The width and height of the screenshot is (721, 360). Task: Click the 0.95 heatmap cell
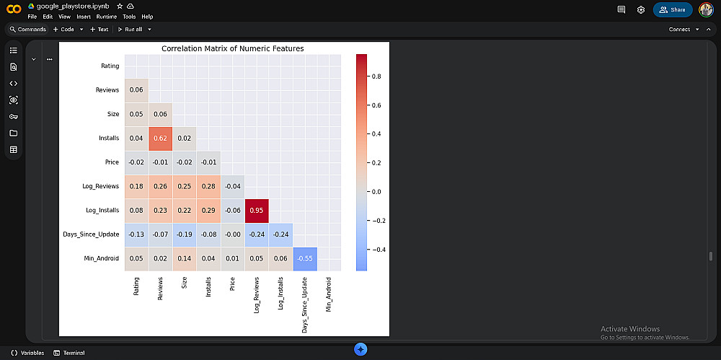click(x=257, y=210)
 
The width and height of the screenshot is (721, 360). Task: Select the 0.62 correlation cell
click(x=160, y=137)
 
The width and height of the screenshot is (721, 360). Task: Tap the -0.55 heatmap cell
click(x=305, y=258)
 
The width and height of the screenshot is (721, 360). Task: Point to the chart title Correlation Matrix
click(x=232, y=48)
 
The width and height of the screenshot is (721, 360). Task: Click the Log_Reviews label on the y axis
click(x=101, y=186)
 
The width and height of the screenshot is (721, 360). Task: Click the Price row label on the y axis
click(x=111, y=162)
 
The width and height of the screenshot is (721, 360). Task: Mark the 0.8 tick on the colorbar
click(x=376, y=76)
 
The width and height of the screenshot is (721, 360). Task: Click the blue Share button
click(x=673, y=9)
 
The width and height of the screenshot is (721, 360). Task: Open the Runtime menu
click(x=106, y=17)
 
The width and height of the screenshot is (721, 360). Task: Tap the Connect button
click(x=679, y=30)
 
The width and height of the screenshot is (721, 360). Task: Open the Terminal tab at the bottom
click(x=70, y=353)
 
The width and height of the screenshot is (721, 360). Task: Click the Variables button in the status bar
click(x=28, y=353)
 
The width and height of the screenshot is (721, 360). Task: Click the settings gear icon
click(x=641, y=9)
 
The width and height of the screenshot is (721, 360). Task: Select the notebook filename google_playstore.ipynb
click(x=68, y=6)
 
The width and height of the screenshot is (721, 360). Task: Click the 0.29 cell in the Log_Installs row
click(x=208, y=210)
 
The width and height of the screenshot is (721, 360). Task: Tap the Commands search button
click(x=28, y=30)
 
